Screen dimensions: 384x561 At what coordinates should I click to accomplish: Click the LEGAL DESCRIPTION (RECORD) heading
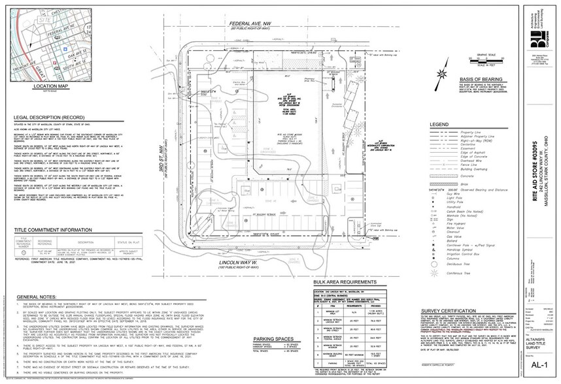(54, 118)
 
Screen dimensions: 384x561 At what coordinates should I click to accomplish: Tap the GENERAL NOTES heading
(36, 296)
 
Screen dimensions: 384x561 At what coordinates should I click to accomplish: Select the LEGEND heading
(439, 124)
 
